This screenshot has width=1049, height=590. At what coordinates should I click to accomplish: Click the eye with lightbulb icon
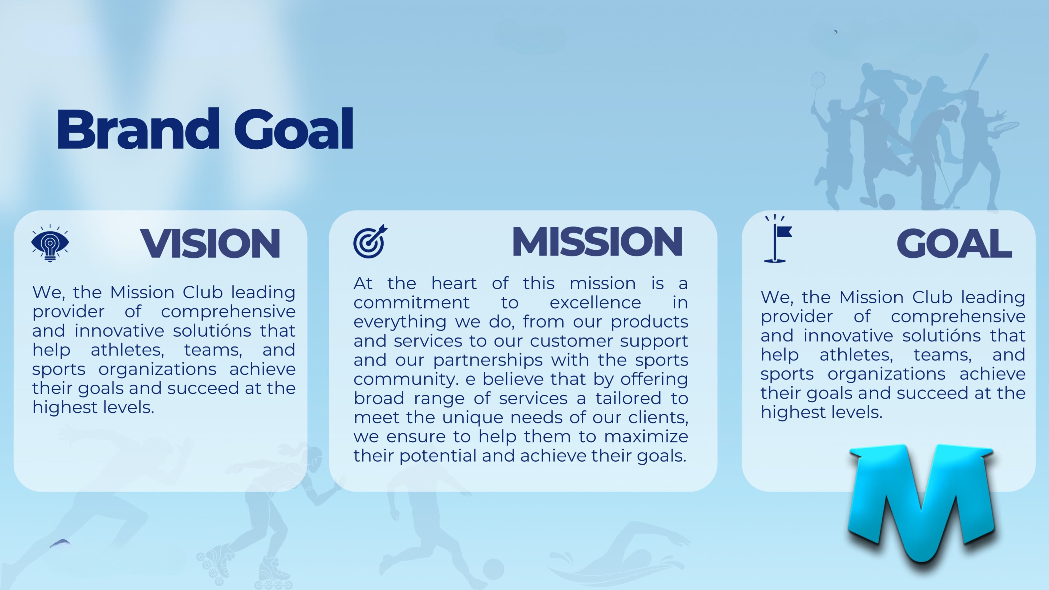[x=50, y=243]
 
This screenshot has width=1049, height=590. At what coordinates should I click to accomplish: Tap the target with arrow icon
[x=370, y=241]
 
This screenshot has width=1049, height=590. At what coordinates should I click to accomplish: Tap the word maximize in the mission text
[x=646, y=436]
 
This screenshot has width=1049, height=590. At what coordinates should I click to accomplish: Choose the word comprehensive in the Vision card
[x=228, y=312]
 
